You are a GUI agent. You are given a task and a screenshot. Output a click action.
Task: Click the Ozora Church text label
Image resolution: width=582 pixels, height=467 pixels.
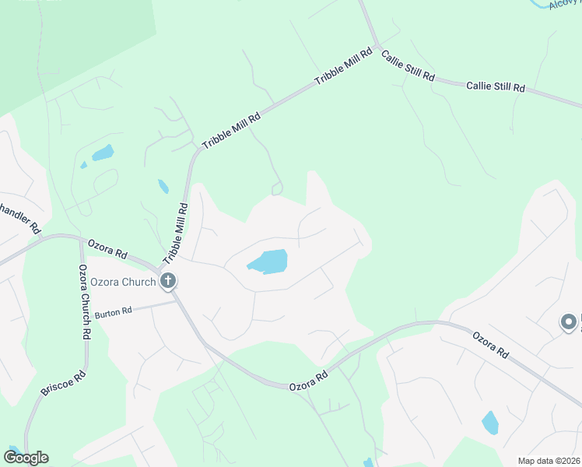[123, 282]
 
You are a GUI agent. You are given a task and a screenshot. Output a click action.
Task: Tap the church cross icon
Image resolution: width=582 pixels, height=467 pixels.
[167, 282]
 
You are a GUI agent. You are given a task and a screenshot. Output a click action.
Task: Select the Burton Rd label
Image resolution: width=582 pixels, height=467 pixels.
[114, 313]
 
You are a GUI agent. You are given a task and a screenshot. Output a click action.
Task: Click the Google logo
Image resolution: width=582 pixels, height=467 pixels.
[25, 458]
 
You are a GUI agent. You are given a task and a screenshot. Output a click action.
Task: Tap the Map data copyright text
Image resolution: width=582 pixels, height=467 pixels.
[548, 461]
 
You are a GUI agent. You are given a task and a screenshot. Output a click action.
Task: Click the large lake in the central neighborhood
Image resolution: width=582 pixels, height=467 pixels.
[268, 262]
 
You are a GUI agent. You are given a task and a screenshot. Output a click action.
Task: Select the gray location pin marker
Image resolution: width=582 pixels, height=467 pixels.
[569, 321]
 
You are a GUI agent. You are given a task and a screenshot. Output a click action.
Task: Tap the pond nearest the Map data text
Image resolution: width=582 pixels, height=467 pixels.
[489, 423]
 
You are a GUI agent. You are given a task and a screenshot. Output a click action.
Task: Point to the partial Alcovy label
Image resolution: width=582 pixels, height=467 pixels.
[564, 4]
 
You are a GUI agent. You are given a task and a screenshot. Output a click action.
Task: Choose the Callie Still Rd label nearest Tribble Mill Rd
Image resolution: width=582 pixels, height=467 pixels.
[407, 67]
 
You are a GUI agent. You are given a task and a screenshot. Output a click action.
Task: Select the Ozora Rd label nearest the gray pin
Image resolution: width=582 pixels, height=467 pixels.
[490, 343]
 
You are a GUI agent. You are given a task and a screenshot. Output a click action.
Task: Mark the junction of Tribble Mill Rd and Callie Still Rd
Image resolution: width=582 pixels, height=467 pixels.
[376, 44]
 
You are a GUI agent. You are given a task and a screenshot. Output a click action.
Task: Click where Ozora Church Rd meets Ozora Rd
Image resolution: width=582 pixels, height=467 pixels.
[81, 241]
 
